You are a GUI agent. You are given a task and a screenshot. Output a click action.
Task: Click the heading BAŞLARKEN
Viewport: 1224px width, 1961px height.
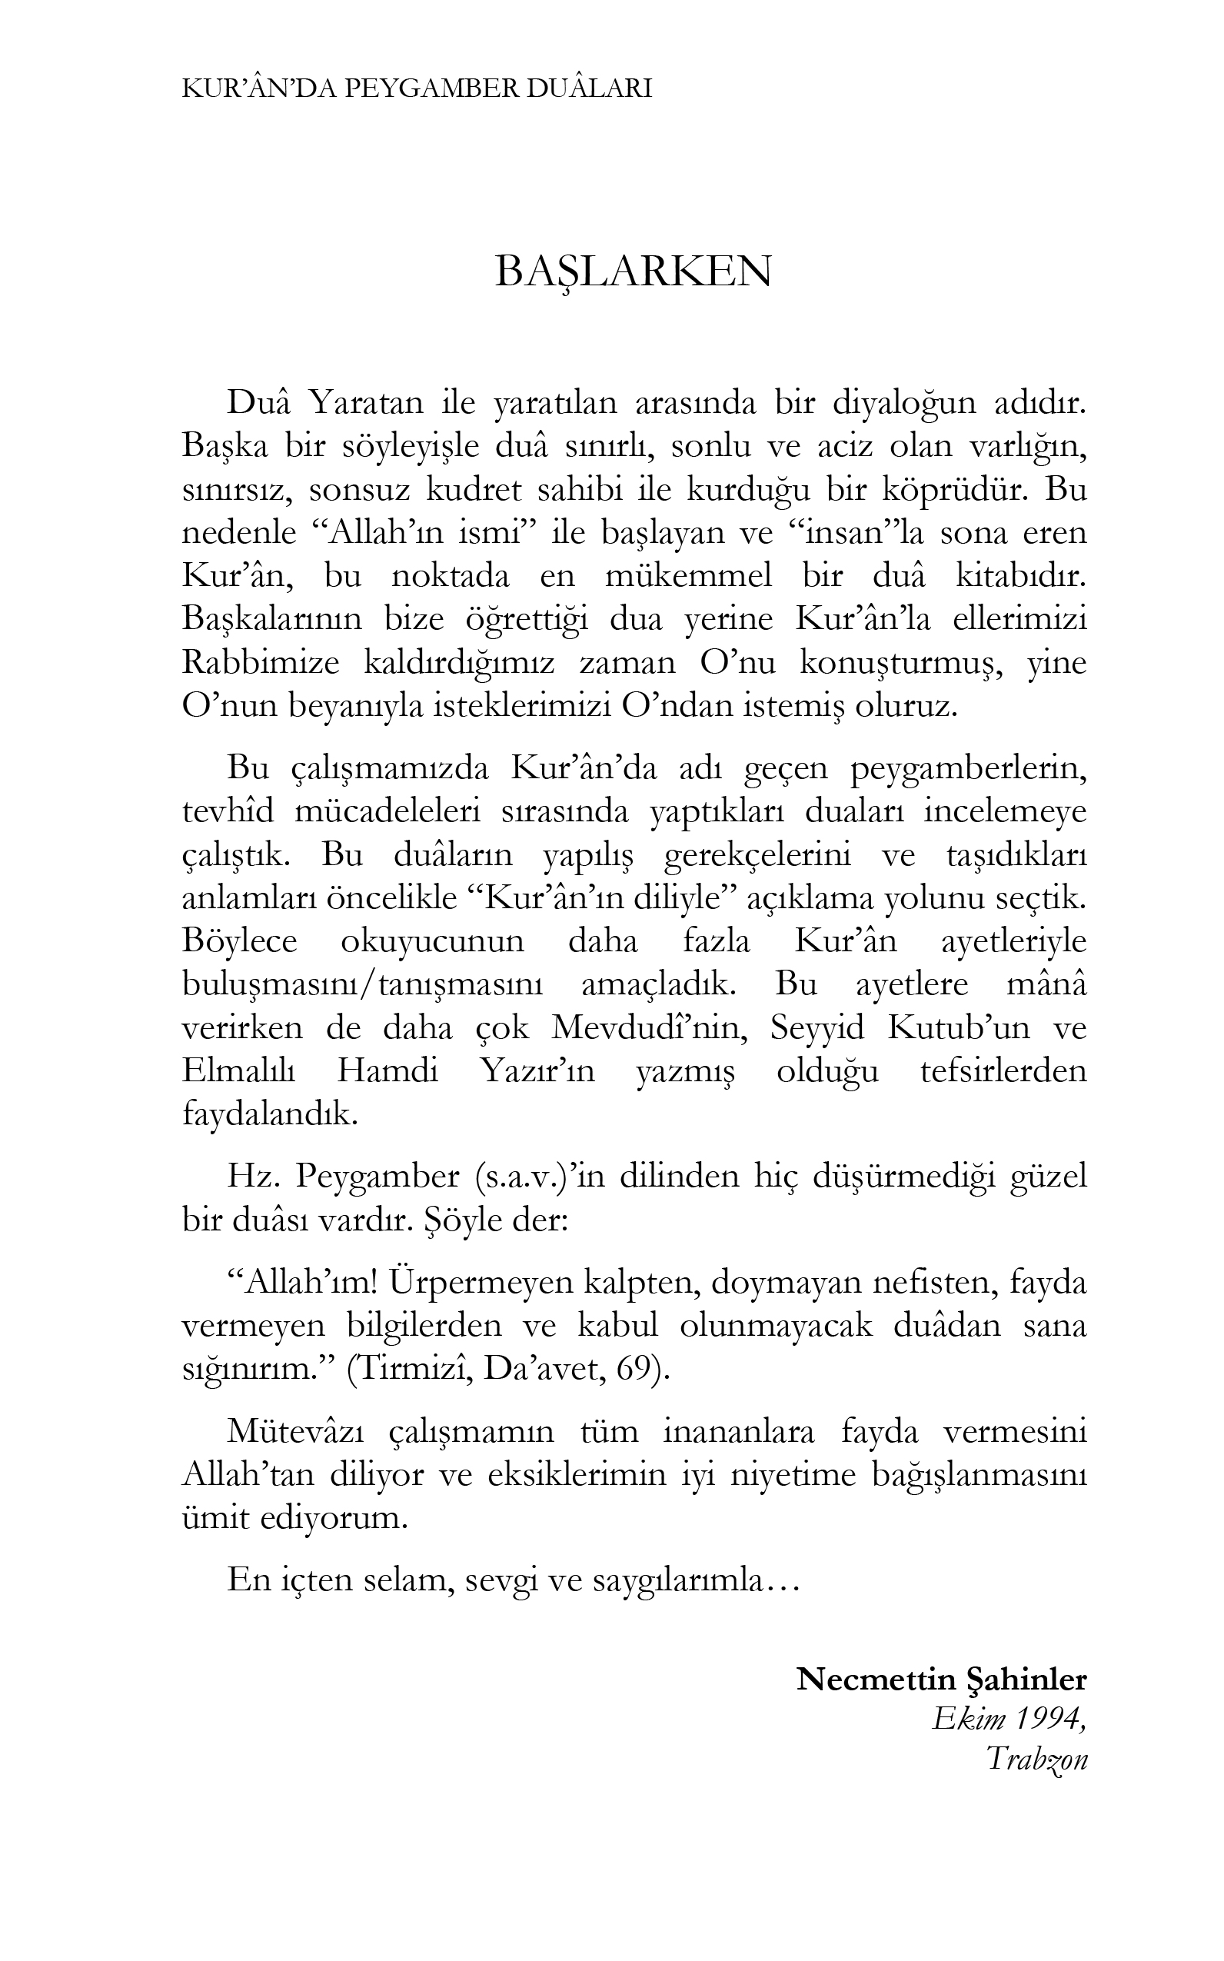(632, 272)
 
